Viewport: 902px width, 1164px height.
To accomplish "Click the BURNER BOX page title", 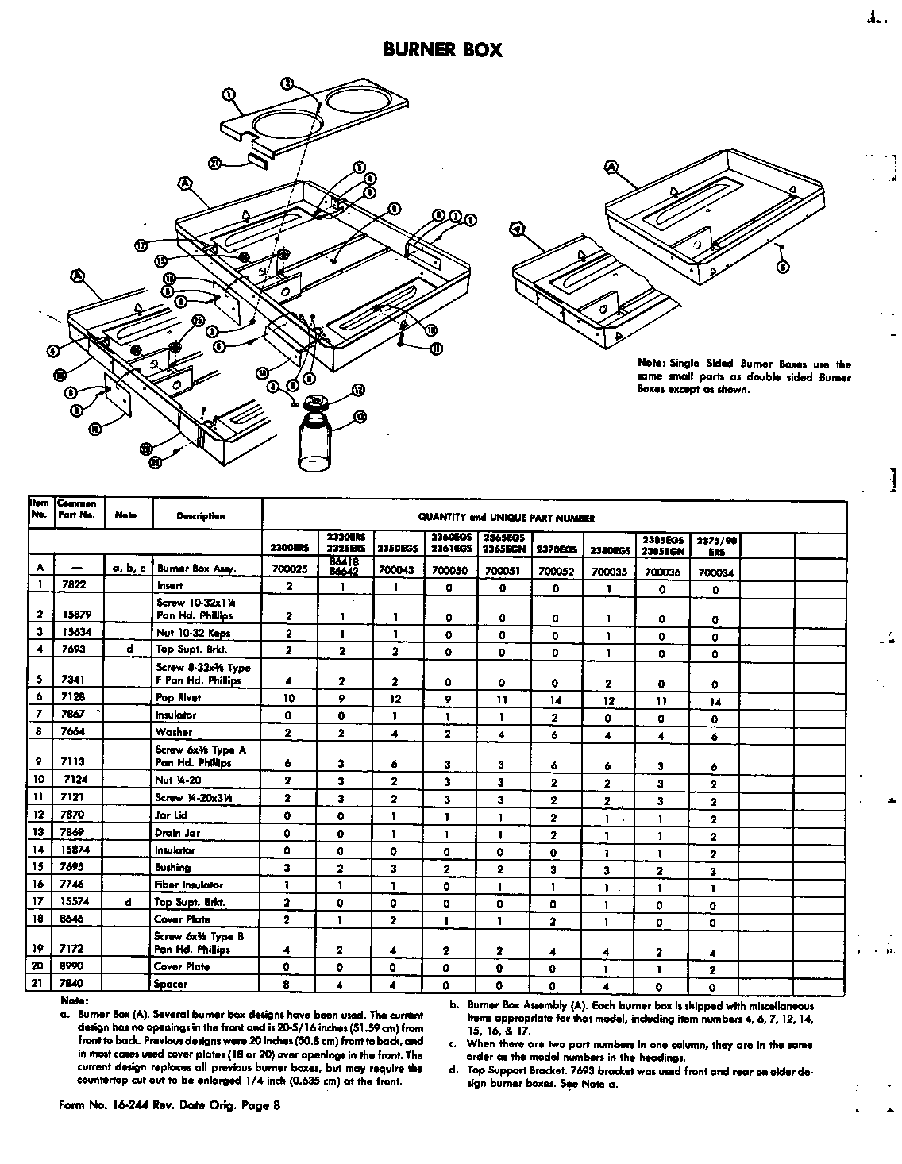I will tap(442, 50).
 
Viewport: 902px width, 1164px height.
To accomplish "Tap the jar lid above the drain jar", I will tap(317, 402).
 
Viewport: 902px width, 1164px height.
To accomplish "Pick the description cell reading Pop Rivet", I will tap(179, 698).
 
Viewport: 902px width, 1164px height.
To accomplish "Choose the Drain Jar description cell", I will tap(178, 833).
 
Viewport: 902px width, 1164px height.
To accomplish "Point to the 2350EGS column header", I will tap(396, 549).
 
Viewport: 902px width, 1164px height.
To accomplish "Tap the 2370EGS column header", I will tap(556, 549).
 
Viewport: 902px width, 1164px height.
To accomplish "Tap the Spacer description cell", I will tap(172, 984).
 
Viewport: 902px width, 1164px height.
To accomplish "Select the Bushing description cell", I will tap(173, 868).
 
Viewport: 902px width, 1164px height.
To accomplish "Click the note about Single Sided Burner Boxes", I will tap(743, 376).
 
